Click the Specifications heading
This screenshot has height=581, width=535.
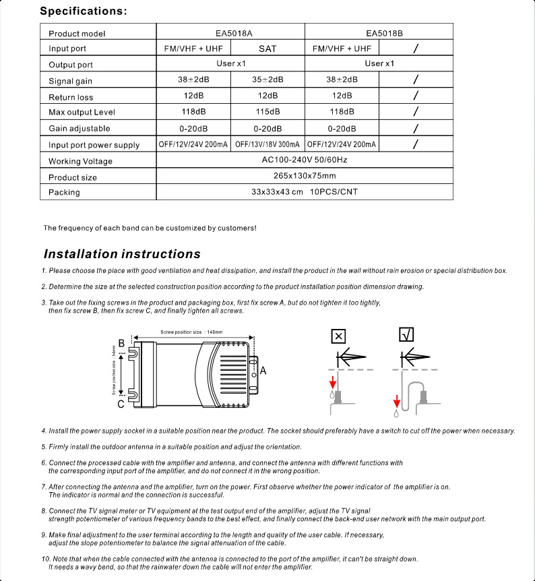click(84, 11)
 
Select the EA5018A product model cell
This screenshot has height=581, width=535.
click(230, 32)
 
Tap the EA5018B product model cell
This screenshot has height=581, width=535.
click(379, 32)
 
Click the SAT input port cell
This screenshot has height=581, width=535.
click(267, 49)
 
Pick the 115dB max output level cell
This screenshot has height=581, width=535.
click(267, 112)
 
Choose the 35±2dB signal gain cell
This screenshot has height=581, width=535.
click(267, 80)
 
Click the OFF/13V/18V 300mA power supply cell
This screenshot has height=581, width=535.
click(267, 144)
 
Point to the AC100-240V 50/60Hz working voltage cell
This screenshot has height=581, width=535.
click(305, 160)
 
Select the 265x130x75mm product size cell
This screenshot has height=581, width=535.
click(305, 177)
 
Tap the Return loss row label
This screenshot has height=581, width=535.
click(71, 98)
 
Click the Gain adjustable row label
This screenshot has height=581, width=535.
click(80, 129)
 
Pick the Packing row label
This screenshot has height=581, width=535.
click(64, 193)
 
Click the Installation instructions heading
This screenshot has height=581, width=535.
click(122, 254)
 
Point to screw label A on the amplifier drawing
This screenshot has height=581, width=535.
click(263, 371)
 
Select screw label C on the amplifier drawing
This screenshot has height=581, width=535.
click(121, 404)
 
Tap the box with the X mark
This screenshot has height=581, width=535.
click(339, 336)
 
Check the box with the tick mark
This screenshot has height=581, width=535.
click(406, 335)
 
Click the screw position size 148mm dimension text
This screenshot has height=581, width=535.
click(191, 332)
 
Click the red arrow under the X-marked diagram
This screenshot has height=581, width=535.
click(332, 382)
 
